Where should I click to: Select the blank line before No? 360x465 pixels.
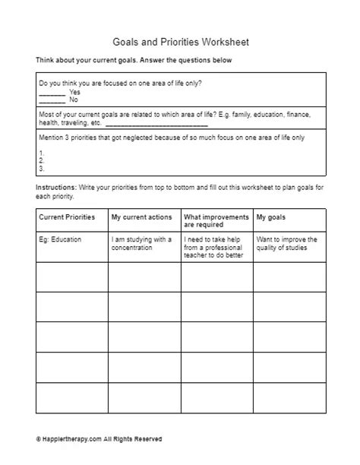pos(52,100)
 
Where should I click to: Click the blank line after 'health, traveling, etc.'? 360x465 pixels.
pos(156,125)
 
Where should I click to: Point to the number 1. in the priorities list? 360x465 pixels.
pos(40,153)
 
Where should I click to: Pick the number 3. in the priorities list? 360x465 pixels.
pos(40,168)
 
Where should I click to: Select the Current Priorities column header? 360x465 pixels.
pos(67,217)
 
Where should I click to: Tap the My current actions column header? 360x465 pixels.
pos(142,217)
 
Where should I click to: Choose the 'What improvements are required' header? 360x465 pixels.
pos(216,221)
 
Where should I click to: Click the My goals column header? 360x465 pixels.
pos(271,217)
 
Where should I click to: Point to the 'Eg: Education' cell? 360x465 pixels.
pos(61,239)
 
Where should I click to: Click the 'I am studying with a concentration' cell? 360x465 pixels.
pos(142,243)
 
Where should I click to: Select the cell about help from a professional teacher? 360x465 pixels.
pos(216,247)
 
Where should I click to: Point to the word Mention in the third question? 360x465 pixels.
pos(52,137)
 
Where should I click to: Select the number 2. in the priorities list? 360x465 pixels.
pos(40,161)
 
